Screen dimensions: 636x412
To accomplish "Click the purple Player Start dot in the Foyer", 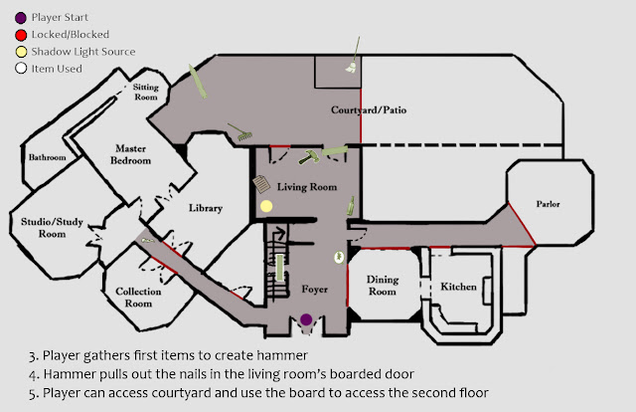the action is point(306,319).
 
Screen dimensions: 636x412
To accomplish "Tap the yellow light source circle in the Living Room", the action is point(266,206).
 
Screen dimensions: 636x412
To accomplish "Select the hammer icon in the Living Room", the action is point(309,157).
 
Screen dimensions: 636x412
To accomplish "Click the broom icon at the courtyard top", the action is point(353,56).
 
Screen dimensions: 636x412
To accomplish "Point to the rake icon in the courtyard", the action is point(239,132).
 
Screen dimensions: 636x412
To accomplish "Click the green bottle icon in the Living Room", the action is point(351,206).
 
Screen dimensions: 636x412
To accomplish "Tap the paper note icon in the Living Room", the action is point(261,184).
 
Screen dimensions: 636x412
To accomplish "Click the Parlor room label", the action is point(548,204).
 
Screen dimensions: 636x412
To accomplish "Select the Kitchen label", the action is point(458,287).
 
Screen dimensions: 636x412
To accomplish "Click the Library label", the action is point(206,208).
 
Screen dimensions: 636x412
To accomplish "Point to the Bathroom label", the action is point(47,157).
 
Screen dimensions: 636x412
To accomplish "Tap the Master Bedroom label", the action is point(130,154).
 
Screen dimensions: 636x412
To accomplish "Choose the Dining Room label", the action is point(382,286).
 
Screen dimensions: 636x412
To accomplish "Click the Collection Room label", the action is point(138,297).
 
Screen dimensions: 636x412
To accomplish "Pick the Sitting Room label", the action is point(146,92).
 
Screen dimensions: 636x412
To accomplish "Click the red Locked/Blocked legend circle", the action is point(21,35).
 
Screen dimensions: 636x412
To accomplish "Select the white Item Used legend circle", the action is point(21,69).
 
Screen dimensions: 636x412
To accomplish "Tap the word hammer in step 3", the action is point(282,355).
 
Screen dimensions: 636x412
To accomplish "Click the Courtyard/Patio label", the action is point(369,110).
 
